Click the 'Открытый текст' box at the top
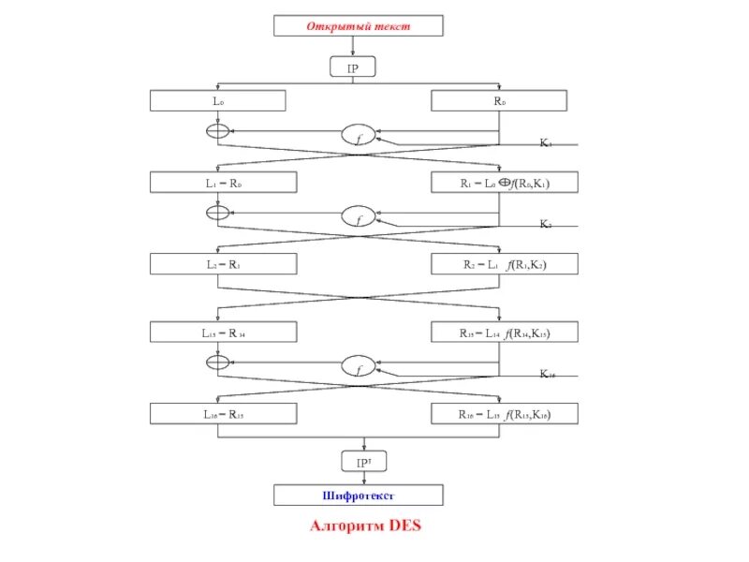358,26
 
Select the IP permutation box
353,67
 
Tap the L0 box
217,100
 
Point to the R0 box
498,100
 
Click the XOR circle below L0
217,131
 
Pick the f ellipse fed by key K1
357,137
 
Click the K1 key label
546,143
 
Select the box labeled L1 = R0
224,183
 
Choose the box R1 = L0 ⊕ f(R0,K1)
505,183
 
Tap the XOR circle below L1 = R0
217,213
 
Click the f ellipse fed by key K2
357,218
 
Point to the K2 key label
546,225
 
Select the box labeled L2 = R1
224,264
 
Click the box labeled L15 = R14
224,332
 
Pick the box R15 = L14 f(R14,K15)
505,332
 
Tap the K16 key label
548,374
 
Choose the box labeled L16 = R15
224,413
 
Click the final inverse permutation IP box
364,462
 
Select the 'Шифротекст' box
358,495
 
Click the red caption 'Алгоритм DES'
366,526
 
